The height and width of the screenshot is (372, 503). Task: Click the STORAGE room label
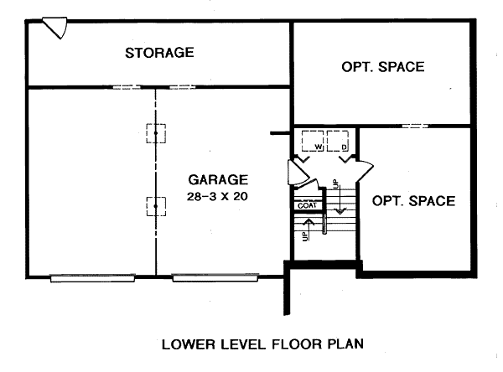pyautogui.click(x=159, y=53)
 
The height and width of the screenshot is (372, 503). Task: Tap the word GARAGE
pyautogui.click(x=218, y=179)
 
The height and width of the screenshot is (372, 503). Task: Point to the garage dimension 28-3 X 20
pyautogui.click(x=217, y=196)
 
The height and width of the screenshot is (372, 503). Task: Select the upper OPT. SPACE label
pyautogui.click(x=383, y=67)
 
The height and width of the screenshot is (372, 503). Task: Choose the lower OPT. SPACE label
pyautogui.click(x=413, y=201)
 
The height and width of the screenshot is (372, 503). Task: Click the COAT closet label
pyautogui.click(x=307, y=205)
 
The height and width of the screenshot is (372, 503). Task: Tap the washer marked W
pyautogui.click(x=313, y=141)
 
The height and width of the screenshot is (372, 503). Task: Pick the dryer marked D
pyautogui.click(x=338, y=141)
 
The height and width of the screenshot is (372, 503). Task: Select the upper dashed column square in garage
pyautogui.click(x=156, y=133)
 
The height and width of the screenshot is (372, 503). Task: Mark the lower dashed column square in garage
pyautogui.click(x=156, y=206)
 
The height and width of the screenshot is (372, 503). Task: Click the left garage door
pyautogui.click(x=92, y=277)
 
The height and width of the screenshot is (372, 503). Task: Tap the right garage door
pyautogui.click(x=215, y=277)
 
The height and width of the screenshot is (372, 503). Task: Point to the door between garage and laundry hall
pyautogui.click(x=298, y=173)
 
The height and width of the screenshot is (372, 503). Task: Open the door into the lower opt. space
pyautogui.click(x=364, y=170)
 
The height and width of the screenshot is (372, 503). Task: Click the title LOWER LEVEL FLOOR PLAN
pyautogui.click(x=262, y=344)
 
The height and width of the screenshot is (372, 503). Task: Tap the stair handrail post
pyautogui.click(x=324, y=224)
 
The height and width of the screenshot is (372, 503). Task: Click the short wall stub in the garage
pyautogui.click(x=280, y=133)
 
